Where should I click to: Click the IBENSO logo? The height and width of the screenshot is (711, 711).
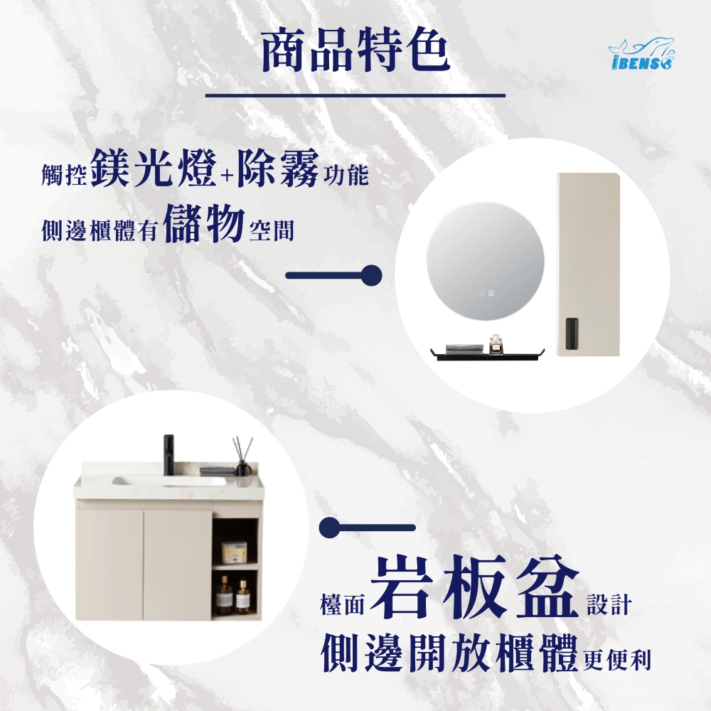[x=641, y=53]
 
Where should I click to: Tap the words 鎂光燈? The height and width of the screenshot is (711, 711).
[x=154, y=169]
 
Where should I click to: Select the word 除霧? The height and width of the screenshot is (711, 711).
[x=278, y=169]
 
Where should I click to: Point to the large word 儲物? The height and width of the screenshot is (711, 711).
[x=203, y=223]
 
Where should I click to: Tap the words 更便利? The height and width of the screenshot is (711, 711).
[x=616, y=660]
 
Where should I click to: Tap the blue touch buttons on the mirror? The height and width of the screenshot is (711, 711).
[x=486, y=294]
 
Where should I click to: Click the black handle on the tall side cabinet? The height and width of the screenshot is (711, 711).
[x=572, y=333]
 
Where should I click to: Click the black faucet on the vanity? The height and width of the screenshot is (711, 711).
[x=169, y=455]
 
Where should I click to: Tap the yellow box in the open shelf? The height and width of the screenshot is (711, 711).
[x=234, y=552]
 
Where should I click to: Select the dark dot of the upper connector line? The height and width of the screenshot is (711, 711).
[x=371, y=276]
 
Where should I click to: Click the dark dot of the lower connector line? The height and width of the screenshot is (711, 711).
[x=330, y=528]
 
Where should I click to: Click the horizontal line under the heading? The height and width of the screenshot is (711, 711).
[x=355, y=96]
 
